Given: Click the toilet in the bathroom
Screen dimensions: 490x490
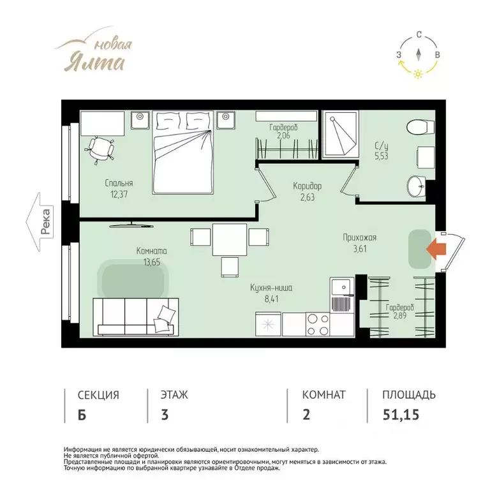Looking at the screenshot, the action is pos(420,127).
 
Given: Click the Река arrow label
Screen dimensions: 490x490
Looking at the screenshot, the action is pos(40,222).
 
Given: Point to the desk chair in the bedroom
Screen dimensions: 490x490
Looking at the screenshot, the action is pos(100,149).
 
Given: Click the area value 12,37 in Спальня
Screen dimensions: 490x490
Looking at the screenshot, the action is pos(119,195).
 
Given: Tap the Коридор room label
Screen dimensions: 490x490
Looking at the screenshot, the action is pos(307,186).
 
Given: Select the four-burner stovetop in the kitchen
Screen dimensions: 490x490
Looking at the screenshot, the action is pos(318,324).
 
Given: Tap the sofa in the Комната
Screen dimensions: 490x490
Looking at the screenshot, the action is pos(136,317).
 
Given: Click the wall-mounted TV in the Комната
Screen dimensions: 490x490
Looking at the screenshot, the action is pos(131,225).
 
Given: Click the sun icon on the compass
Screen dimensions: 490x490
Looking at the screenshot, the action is pos(417,74).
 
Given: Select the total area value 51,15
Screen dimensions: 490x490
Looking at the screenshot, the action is pos(401,415).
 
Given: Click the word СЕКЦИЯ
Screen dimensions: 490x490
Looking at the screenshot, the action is pos(98,395).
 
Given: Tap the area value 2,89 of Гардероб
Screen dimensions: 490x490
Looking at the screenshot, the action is pos(399,315).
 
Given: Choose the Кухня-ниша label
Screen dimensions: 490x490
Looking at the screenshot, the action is pos(271,288).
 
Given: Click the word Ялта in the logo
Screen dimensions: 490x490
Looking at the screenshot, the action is pos(94,62).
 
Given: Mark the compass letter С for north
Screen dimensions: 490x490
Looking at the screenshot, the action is pos(419,34).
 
